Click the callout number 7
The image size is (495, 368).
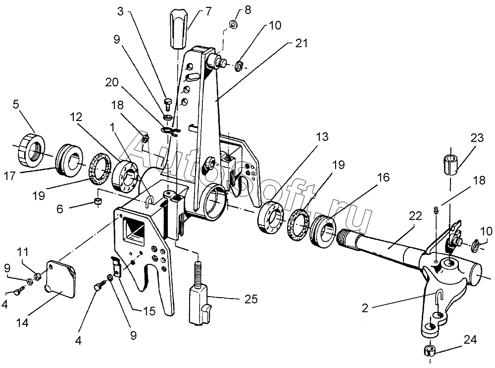[x=194, y=10]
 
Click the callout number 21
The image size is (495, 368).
[x=301, y=44]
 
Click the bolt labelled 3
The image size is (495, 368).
[x=167, y=104]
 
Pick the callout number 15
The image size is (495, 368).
[x=148, y=311]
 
